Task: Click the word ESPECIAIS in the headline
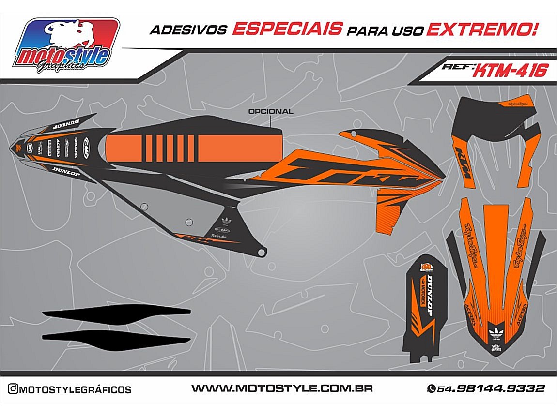[x=287, y=29]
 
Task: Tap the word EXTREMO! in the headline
[x=482, y=29]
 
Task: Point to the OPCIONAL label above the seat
[x=270, y=111]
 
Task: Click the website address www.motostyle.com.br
[x=282, y=388]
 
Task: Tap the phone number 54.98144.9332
[x=491, y=388]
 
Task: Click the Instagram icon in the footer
[x=13, y=389]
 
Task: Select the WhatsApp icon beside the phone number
[x=431, y=388]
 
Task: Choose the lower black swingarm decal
[x=116, y=338]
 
